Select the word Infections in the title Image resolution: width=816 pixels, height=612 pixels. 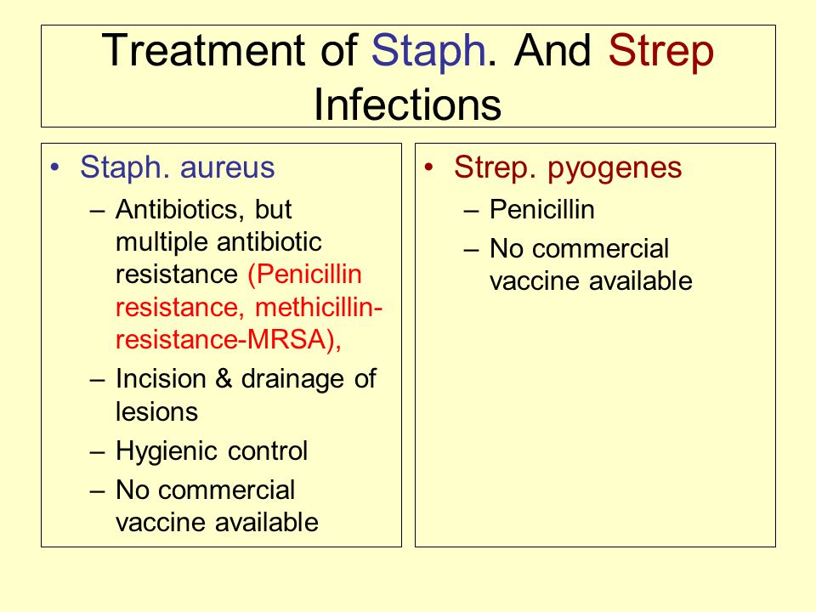[x=407, y=104]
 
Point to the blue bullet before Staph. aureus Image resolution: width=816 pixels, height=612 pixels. [x=54, y=168]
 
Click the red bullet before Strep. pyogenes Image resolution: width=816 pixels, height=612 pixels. [x=428, y=168]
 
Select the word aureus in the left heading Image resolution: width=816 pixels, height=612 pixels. [x=228, y=168]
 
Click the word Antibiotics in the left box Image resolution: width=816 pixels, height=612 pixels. [x=180, y=210]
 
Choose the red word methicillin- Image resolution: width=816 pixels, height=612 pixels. [x=319, y=307]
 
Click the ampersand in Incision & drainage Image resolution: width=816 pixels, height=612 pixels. [x=224, y=378]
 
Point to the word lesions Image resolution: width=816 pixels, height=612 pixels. [x=156, y=411]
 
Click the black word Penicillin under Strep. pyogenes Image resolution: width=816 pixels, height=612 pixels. [x=541, y=210]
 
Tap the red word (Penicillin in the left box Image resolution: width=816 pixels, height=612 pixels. [x=305, y=275]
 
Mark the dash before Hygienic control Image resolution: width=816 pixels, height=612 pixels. [x=97, y=452]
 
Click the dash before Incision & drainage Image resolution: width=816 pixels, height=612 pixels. [x=97, y=380]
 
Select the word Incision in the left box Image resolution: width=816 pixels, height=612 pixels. [x=161, y=378]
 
